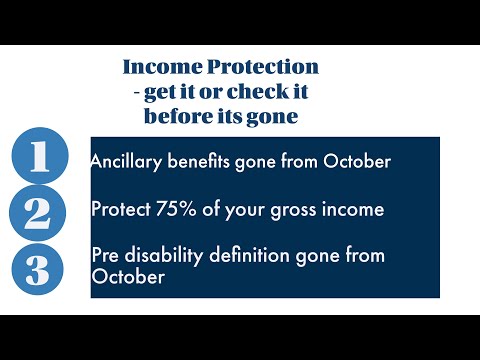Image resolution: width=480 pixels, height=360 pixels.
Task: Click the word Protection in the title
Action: coord(263,67)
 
